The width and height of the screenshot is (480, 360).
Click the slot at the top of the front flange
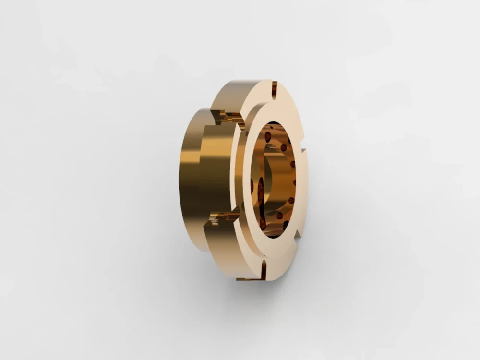[274, 90]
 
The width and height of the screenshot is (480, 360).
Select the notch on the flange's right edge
[303, 152]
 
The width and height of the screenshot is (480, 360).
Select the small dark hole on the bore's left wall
[252, 185]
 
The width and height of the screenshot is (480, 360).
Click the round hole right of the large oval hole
[283, 147]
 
